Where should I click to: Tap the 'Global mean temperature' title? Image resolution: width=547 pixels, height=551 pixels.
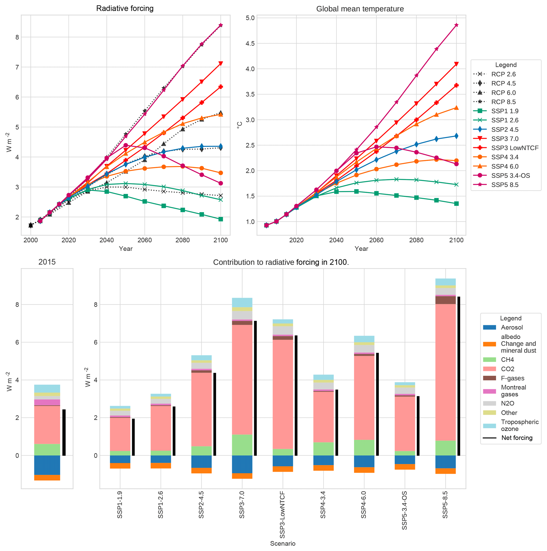(360, 9)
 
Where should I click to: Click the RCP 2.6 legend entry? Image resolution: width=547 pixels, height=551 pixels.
(503, 74)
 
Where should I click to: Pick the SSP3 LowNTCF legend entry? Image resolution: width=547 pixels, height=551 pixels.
(514, 148)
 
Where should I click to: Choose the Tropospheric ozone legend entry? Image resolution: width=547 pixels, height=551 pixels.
(519, 425)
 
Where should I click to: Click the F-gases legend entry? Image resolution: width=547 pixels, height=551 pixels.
(512, 378)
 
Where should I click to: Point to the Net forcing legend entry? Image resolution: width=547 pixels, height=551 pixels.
(517, 438)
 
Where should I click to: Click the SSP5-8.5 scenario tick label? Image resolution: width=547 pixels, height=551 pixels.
(445, 504)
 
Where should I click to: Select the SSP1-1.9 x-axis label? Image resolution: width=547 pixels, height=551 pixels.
(120, 504)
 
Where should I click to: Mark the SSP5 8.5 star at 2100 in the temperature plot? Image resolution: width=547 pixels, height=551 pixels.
(456, 25)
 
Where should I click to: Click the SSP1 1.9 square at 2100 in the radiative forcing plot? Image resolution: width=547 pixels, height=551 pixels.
(220, 219)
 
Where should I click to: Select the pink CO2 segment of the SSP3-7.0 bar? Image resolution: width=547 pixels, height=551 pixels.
(242, 379)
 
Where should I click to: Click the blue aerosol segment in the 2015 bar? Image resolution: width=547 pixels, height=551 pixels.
(47, 465)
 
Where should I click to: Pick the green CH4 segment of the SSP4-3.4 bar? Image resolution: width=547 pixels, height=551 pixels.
(323, 449)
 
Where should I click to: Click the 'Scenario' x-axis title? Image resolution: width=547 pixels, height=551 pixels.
(283, 544)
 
